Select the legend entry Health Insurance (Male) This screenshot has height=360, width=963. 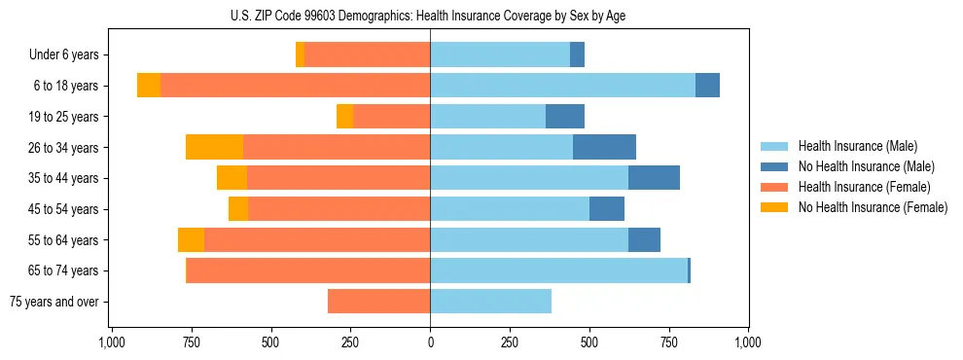857,146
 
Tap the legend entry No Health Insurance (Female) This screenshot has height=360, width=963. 873,207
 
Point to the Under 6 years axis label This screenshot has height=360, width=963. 64,55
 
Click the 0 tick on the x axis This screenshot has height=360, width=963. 430,342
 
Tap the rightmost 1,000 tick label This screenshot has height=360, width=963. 748,342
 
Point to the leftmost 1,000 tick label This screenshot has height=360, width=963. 112,342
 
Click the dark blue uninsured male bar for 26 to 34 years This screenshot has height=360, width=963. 604,147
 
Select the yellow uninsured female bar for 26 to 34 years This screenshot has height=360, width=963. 214,147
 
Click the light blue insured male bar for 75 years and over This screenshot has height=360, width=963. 490,302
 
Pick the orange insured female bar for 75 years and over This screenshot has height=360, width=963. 378,302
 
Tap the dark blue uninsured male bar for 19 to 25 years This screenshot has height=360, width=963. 565,117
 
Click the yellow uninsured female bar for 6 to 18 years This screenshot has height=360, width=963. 149,86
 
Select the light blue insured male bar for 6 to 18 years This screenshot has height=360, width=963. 562,86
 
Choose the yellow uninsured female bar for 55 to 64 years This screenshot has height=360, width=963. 191,239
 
